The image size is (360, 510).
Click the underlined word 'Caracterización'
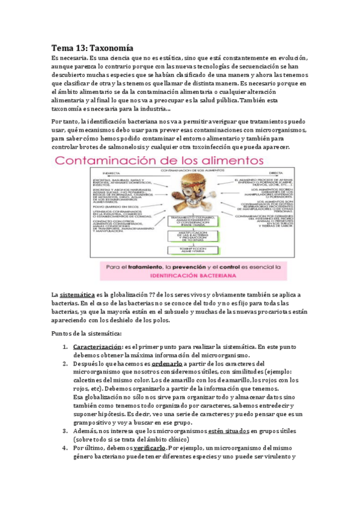pyautogui.click(x=97, y=347)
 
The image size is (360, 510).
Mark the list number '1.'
pyautogui.click(x=65, y=347)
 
